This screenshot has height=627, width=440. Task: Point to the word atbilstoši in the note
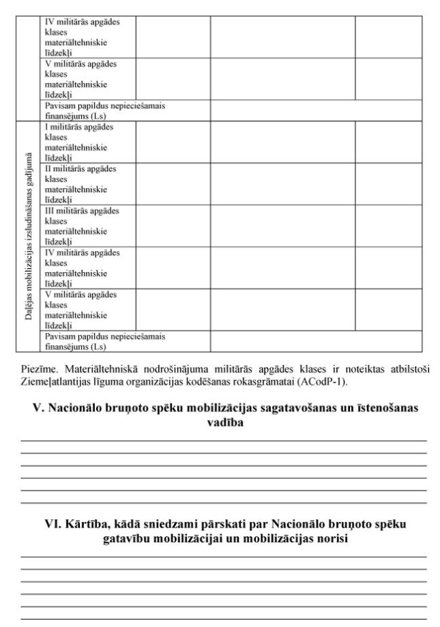[407, 370]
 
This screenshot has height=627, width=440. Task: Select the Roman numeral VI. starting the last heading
[53, 524]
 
